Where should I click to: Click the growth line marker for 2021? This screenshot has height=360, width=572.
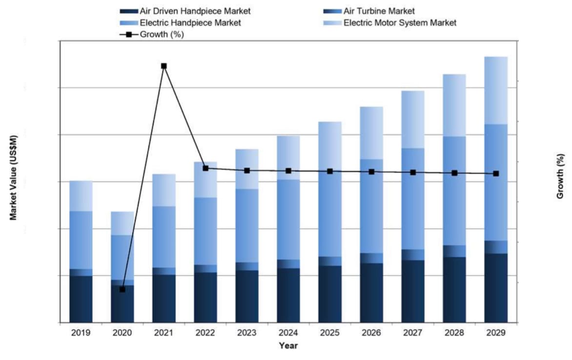(x=164, y=66)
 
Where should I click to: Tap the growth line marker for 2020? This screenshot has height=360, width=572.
(x=123, y=289)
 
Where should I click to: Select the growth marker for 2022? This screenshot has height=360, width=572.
(x=205, y=168)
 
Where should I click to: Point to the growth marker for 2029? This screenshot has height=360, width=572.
(x=496, y=174)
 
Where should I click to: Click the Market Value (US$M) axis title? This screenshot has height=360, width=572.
(x=13, y=177)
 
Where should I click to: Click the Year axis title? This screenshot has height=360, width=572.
(x=288, y=346)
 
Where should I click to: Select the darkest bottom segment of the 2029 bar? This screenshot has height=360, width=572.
(x=496, y=288)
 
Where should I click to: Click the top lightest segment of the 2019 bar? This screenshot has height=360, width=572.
(x=81, y=196)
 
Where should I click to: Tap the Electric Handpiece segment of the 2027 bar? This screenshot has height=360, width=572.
(x=413, y=199)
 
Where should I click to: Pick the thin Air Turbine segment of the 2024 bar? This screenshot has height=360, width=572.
(x=288, y=264)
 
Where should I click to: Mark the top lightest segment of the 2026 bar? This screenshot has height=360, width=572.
(x=371, y=133)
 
